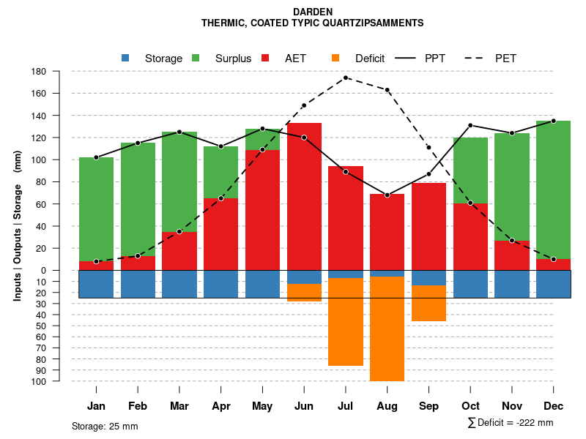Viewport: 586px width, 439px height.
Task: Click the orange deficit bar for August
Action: click(x=387, y=329)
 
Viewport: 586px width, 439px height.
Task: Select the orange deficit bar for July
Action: click(x=346, y=322)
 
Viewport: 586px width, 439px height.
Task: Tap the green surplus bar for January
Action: click(x=96, y=209)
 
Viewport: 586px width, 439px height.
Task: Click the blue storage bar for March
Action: click(x=179, y=284)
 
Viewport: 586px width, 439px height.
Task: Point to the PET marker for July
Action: click(x=346, y=78)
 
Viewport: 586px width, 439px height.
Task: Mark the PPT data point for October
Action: click(x=470, y=125)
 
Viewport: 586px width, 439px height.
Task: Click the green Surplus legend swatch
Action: click(x=196, y=58)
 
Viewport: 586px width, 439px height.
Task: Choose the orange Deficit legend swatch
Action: click(x=335, y=58)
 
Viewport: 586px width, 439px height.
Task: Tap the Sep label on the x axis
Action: click(x=429, y=406)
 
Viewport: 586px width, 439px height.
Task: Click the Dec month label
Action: click(x=554, y=406)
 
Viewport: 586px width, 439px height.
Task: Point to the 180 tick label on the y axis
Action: click(x=40, y=72)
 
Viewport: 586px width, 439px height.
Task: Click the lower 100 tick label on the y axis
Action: click(x=40, y=381)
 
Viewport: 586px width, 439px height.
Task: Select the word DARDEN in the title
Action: click(x=313, y=12)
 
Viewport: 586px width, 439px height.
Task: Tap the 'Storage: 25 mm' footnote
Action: click(x=105, y=426)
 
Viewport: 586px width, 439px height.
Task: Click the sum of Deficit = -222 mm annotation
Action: click(x=510, y=423)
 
